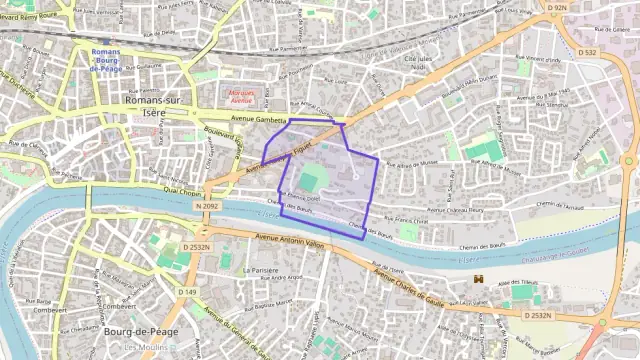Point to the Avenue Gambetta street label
[x=257, y=118]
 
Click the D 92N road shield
[x=556, y=8]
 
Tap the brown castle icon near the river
[x=479, y=278]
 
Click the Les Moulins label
[x=142, y=347]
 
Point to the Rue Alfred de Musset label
[x=412, y=162]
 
